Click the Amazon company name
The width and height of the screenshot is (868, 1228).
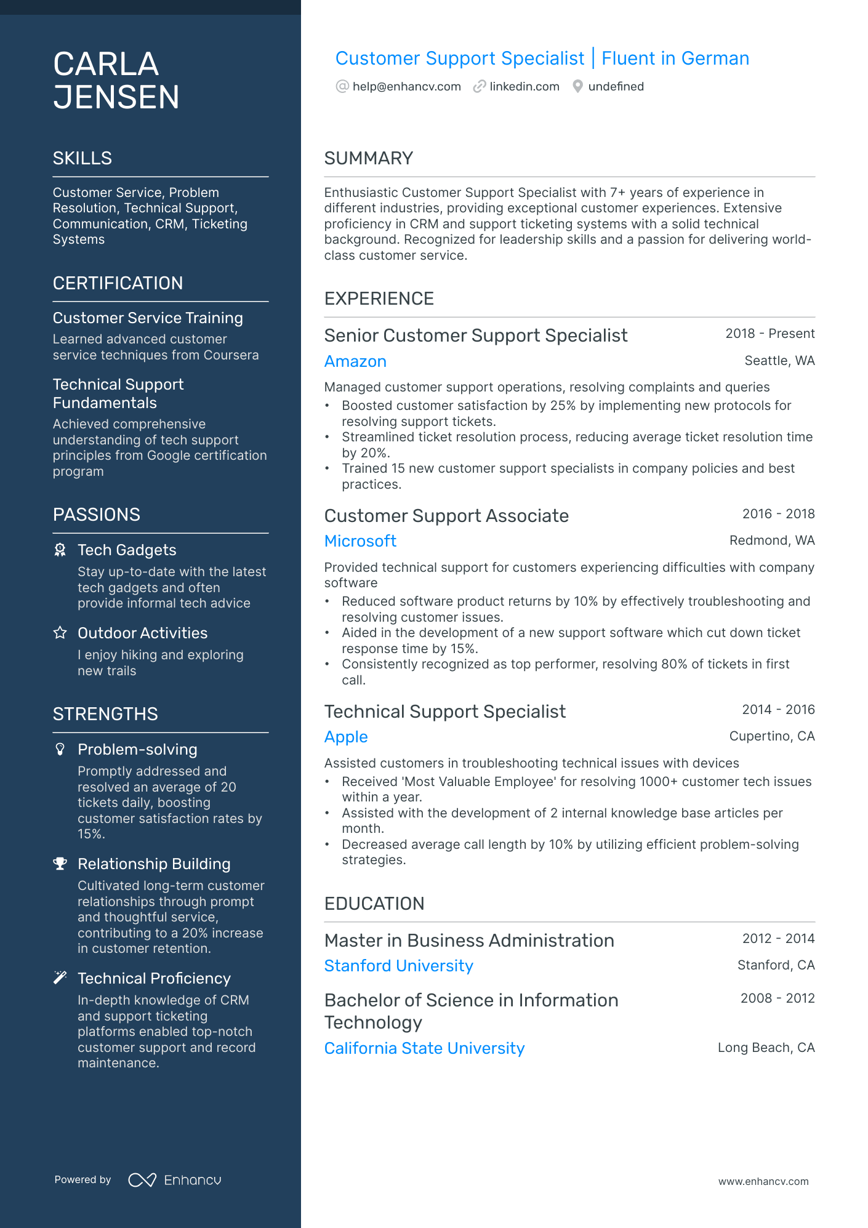355,361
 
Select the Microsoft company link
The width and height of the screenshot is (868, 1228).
360,541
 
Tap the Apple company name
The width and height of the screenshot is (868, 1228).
346,737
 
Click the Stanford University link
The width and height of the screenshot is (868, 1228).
398,966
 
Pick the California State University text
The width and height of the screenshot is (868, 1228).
424,1048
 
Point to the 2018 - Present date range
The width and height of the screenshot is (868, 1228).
770,334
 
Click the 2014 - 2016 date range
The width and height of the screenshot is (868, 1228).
778,710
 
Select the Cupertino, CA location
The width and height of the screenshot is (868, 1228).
771,736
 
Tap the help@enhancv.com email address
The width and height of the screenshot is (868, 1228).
406,87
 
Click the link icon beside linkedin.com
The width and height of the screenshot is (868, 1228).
480,87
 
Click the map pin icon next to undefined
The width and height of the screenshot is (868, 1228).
577,87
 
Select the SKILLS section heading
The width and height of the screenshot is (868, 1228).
82,158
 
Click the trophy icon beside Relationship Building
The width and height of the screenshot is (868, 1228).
60,864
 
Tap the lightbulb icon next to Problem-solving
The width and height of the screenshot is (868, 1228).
60,749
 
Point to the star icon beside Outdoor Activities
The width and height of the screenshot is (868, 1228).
60,633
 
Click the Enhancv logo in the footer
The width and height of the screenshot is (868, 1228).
175,1180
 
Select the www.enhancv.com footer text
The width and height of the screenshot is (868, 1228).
763,1182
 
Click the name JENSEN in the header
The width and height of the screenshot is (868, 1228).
116,97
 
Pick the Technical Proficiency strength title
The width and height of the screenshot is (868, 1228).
154,979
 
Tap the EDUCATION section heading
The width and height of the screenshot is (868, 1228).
374,904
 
